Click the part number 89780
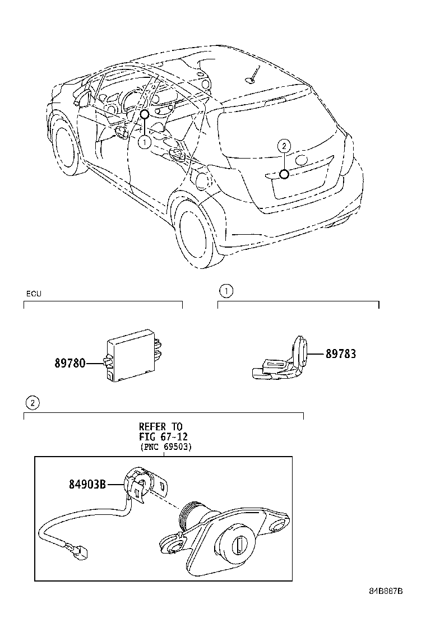click(x=70, y=363)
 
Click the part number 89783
click(x=340, y=354)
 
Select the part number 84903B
click(x=87, y=483)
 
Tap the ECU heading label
click(x=34, y=294)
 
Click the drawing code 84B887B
click(x=386, y=607)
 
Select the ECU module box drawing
click(x=132, y=354)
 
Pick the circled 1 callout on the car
click(x=144, y=142)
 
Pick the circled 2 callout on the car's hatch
click(x=284, y=146)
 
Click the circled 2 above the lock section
click(x=33, y=402)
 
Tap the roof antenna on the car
click(x=252, y=76)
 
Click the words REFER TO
click(x=161, y=427)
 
